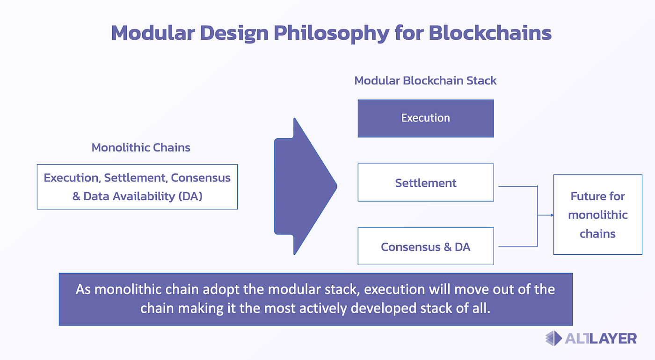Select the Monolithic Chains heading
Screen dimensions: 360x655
[x=141, y=148]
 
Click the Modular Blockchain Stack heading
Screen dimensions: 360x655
[x=425, y=80]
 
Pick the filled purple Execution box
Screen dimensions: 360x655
[x=425, y=118]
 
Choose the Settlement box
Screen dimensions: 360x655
[x=425, y=182]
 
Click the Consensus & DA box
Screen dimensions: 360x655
[x=425, y=246]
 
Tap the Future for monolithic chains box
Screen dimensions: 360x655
[x=597, y=215]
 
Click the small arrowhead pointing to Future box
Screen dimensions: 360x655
[x=551, y=215]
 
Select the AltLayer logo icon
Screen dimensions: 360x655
[x=553, y=338]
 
